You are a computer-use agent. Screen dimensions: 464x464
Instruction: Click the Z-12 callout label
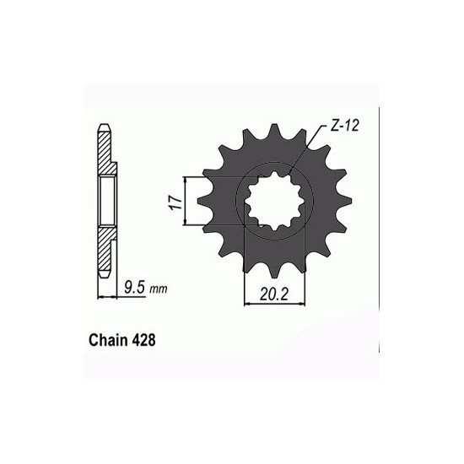[x=344, y=126]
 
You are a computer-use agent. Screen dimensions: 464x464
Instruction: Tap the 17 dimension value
[x=176, y=202]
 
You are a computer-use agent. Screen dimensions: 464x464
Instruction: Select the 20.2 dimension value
[x=273, y=294]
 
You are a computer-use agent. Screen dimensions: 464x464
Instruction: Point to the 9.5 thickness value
[x=135, y=288]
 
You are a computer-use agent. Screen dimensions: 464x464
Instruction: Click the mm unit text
[x=159, y=289]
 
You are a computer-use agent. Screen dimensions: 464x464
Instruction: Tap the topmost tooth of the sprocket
[x=274, y=130]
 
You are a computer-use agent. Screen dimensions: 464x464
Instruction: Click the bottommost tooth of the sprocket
[x=274, y=271]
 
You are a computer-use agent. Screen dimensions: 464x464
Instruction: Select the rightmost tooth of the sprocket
[x=345, y=201]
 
